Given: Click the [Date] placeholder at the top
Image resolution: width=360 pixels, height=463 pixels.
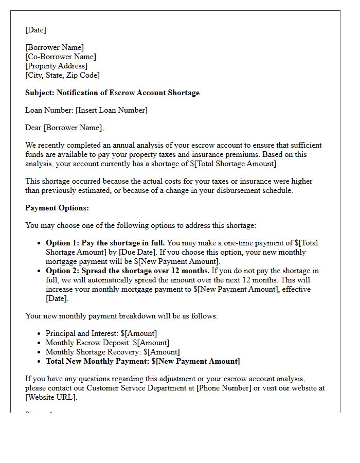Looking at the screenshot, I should [35, 30].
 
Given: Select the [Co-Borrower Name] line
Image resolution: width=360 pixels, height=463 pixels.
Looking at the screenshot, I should [61, 57].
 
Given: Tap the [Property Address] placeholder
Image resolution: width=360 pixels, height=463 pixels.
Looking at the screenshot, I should [57, 66].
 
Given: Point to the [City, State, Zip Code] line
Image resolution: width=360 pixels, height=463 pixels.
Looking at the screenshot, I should [62, 75].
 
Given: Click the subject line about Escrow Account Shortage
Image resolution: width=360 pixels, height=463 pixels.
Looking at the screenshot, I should [112, 93].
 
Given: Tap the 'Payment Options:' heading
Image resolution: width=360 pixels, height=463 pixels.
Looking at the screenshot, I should [57, 208].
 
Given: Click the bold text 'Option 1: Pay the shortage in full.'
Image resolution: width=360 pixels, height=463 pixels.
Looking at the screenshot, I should [105, 243].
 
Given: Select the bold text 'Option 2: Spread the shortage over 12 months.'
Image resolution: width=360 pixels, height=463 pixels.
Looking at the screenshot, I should [128, 271].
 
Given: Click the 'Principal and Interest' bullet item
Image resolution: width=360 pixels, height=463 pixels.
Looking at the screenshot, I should [101, 333].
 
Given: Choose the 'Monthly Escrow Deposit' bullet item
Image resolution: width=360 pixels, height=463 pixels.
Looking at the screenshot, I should [107, 343].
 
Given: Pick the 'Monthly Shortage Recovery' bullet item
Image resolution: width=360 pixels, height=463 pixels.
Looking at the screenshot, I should [113, 352].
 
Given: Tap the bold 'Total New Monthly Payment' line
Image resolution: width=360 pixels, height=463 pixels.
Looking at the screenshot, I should [142, 361].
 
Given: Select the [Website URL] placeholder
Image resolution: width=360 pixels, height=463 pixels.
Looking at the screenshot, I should [50, 397].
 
